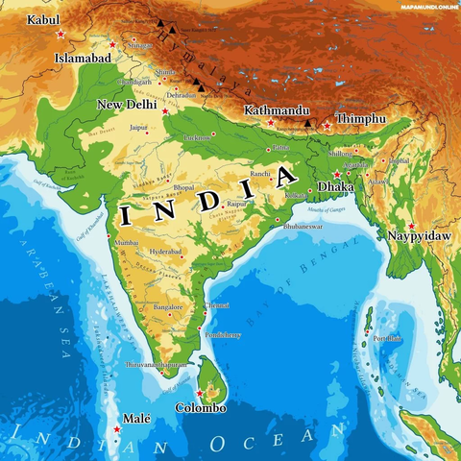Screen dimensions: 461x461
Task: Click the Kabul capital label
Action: point(43,19)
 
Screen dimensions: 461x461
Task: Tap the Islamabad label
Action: point(84,59)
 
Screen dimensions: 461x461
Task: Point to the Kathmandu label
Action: point(277,110)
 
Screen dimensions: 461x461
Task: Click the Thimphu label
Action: point(361,118)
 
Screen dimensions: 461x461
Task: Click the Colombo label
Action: point(201,408)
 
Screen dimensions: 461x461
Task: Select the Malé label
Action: point(137,420)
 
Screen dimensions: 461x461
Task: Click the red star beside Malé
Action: point(117,429)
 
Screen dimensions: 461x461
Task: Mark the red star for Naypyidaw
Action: point(412,226)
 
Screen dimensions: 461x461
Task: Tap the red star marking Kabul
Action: point(61,34)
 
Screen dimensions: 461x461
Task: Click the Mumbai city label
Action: point(127,243)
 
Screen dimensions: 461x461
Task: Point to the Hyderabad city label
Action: point(166,251)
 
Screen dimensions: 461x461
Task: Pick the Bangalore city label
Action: point(169,307)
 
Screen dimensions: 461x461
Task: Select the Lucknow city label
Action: point(198,137)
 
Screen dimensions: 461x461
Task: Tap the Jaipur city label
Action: point(139,126)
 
